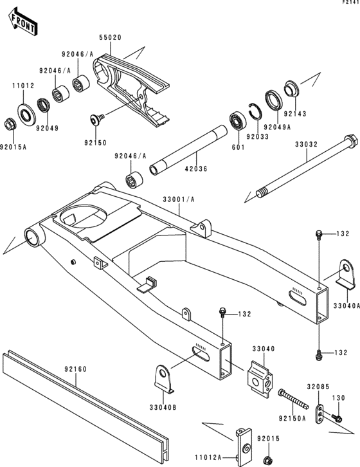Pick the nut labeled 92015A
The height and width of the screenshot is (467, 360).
click(x=11, y=123)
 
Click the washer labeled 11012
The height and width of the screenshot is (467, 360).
click(x=28, y=114)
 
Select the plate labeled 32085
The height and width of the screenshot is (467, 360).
click(x=319, y=413)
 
